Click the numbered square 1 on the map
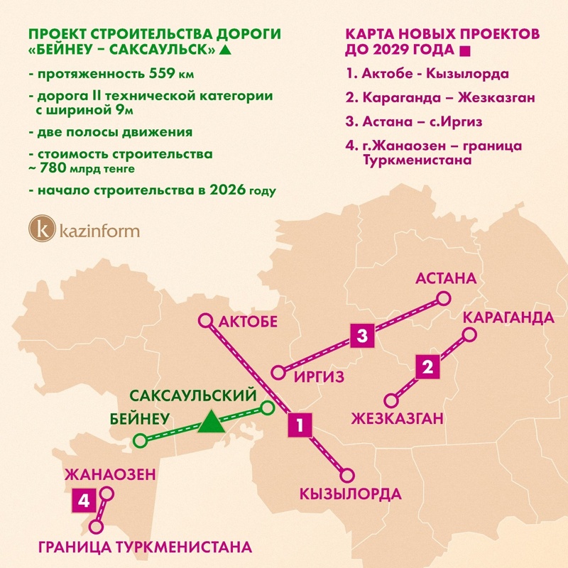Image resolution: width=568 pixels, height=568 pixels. point(300,425)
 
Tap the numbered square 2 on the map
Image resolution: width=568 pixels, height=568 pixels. point(427,367)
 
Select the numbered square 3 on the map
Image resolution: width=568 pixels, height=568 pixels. point(362,335)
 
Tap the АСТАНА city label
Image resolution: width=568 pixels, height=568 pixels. point(446,278)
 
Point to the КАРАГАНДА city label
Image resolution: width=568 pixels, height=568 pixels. point(508,316)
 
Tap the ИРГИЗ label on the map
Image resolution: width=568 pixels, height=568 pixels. point(318,376)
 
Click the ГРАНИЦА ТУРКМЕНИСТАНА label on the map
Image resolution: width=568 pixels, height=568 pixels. point(145,547)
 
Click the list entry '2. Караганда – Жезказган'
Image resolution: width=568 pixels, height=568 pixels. point(440,97)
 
